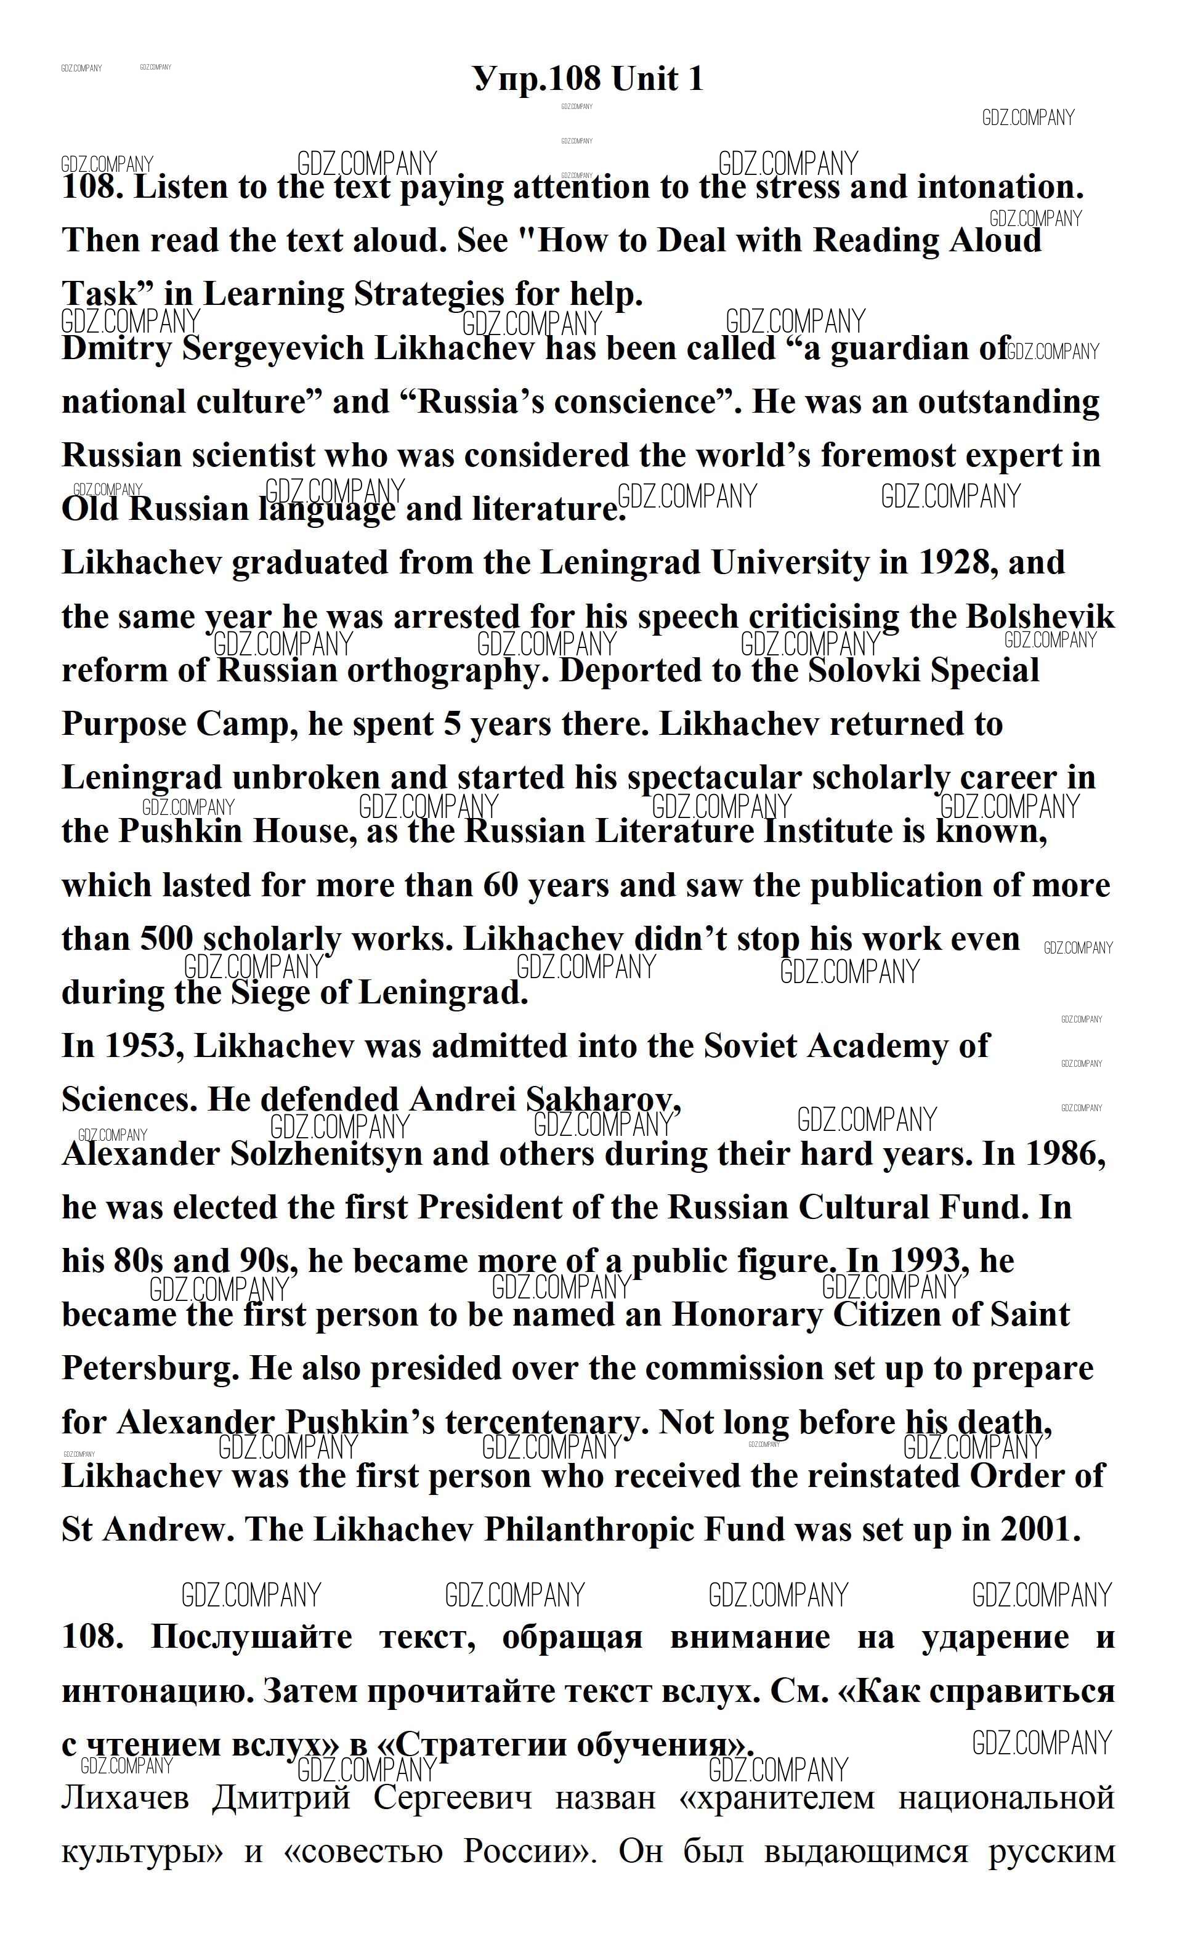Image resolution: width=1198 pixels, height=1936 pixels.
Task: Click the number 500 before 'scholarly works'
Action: click(166, 939)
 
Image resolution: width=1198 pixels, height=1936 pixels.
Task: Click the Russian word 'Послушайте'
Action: click(252, 1637)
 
